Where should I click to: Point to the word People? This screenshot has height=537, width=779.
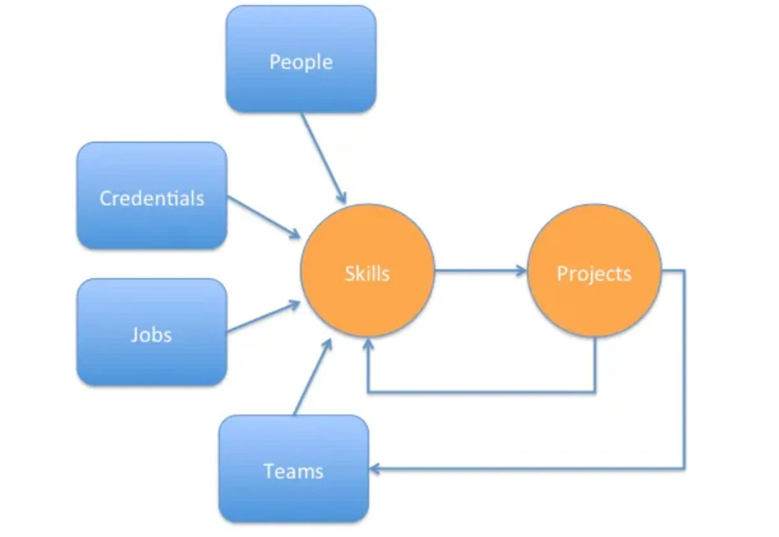[x=301, y=62]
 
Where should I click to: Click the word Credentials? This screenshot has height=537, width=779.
[x=152, y=198]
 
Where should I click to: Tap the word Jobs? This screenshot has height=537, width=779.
[x=152, y=335]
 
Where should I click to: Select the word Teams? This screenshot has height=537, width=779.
[x=293, y=471]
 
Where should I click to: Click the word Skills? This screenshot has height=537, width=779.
[x=367, y=274]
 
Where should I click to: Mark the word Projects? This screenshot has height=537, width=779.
[x=594, y=274]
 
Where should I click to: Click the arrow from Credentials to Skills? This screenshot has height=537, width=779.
[x=263, y=217]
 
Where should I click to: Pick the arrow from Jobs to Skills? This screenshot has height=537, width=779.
[x=263, y=317]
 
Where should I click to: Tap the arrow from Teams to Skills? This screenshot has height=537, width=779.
[x=312, y=377]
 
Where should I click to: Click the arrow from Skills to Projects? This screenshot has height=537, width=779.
[x=481, y=271]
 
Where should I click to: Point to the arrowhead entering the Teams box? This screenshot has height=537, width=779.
[x=375, y=469]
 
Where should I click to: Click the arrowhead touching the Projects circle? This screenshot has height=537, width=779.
[x=521, y=271]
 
